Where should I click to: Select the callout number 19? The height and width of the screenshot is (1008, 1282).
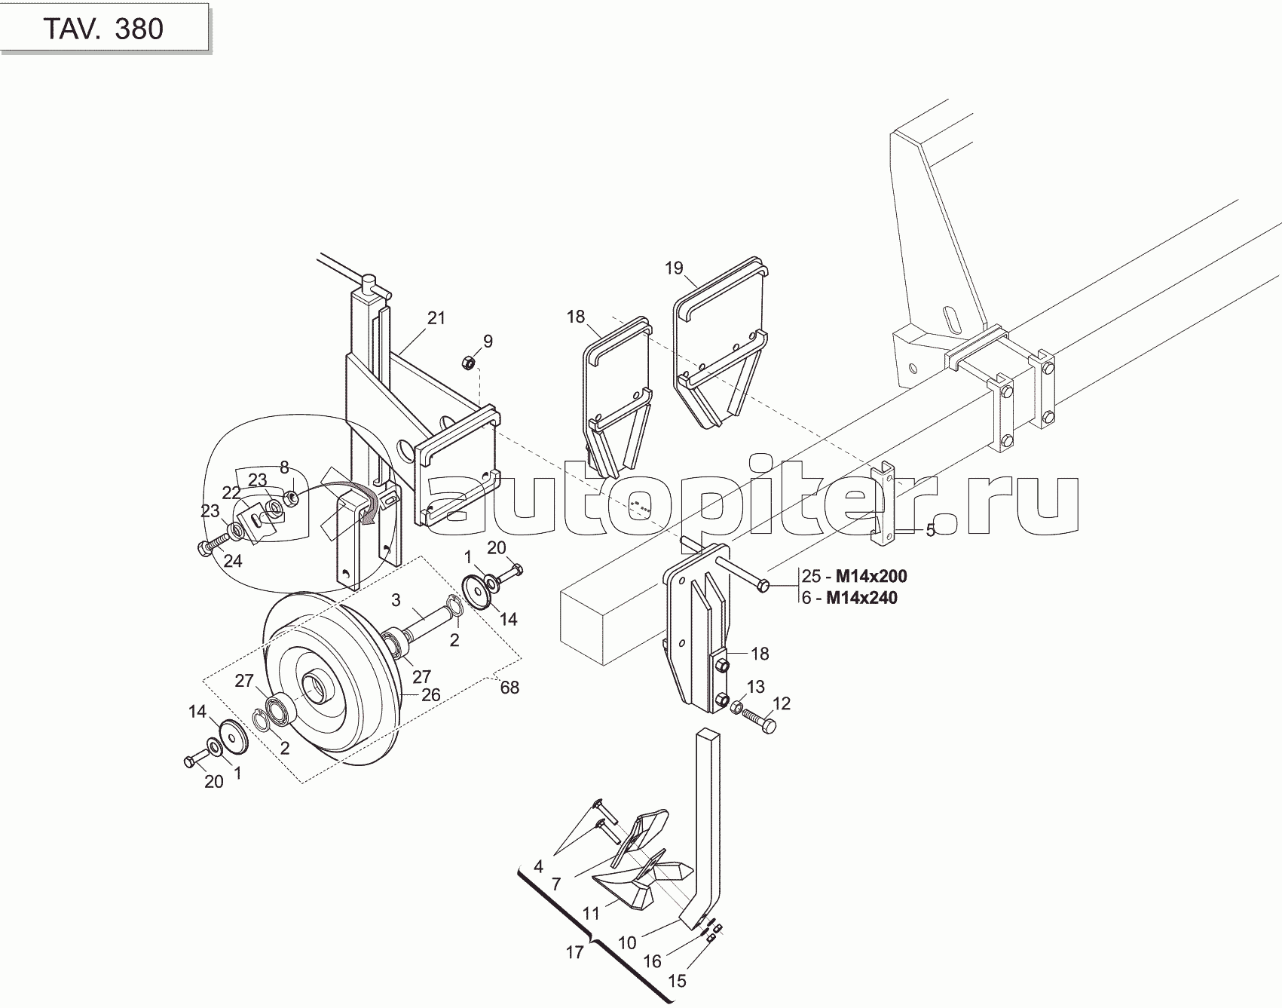point(674,268)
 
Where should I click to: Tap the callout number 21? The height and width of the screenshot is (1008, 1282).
point(436,318)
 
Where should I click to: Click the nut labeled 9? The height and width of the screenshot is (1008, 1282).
point(467,363)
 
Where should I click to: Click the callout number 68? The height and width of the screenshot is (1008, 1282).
point(509,688)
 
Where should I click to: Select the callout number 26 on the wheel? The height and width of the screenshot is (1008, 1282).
point(430,694)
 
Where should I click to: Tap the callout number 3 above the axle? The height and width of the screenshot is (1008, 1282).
point(396,601)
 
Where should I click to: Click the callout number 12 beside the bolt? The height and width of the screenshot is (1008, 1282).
point(782,703)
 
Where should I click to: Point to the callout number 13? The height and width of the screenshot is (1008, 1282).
point(756,686)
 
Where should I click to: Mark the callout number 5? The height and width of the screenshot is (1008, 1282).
point(930,531)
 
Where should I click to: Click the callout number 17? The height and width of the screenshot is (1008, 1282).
point(574,952)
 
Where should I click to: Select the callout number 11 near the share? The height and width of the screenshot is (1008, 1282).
point(591,914)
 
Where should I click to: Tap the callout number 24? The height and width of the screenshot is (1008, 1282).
point(233,561)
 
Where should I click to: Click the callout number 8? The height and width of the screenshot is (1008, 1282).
point(284,467)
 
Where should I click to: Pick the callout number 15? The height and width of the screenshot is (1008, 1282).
point(678,981)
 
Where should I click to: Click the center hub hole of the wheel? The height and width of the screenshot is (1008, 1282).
point(312,687)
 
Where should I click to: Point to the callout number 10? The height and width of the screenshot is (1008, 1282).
point(627,942)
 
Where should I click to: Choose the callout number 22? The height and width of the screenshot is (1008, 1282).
point(231,493)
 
